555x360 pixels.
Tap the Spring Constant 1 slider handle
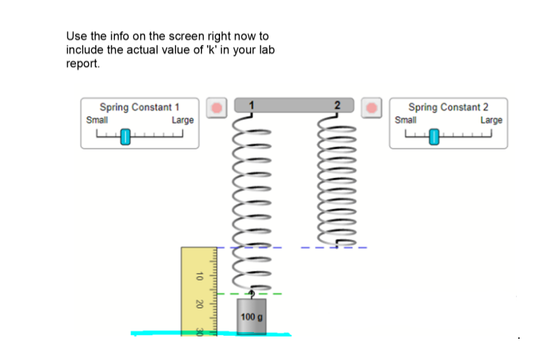pos(126,136)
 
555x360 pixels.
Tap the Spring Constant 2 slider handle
pos(434,136)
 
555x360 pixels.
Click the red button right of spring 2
pos(373,107)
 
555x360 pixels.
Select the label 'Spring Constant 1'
pos(139,107)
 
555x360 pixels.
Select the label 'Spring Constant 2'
pos(448,107)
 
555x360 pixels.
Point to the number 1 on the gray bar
pos(252,105)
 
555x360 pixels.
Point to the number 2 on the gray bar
pos(338,105)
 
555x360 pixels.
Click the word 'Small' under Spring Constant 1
pos(97,120)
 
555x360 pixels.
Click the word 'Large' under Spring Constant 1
pos(183,120)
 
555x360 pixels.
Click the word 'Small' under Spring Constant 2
pos(406,120)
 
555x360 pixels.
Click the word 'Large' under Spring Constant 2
pos(491,120)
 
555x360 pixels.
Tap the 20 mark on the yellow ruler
pos(197,303)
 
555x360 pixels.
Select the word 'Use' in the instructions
pos(75,35)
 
